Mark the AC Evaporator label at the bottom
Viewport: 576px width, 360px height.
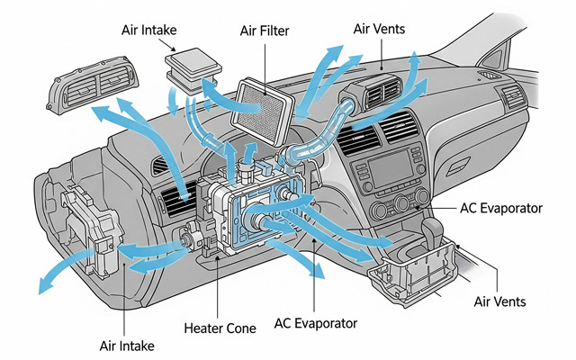[315, 322]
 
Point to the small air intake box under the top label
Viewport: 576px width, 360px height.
[193, 69]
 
